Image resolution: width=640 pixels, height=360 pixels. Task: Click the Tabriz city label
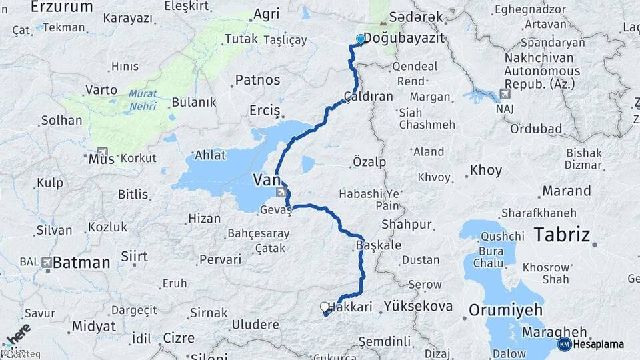pyautogui.click(x=562, y=235)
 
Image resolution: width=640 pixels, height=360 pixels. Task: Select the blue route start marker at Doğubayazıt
pyautogui.click(x=361, y=39)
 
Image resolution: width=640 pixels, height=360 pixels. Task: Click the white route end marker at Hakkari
pyautogui.click(x=325, y=307)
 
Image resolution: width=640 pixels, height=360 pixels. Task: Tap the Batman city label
pyautogui.click(x=81, y=263)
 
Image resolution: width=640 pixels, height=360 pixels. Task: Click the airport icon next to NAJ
pyautogui.click(x=505, y=94)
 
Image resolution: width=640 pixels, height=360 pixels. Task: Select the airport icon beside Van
pyautogui.click(x=283, y=193)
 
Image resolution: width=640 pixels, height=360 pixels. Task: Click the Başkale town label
pyautogui.click(x=379, y=245)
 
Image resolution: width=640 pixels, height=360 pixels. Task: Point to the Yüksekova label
pyautogui.click(x=418, y=307)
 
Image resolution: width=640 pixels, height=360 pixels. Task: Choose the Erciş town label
pyautogui.click(x=265, y=110)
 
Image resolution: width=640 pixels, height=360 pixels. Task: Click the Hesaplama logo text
pyautogui.click(x=598, y=344)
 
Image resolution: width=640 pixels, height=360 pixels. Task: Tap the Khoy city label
pyautogui.click(x=485, y=170)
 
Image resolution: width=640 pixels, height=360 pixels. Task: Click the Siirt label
pyautogui.click(x=134, y=256)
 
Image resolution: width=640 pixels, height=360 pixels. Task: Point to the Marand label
pyautogui.click(x=566, y=191)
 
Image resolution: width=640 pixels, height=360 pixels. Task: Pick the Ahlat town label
pyautogui.click(x=211, y=155)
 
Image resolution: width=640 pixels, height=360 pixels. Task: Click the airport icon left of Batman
pyautogui.click(x=46, y=262)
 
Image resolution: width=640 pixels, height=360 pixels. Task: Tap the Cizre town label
pyautogui.click(x=179, y=337)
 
